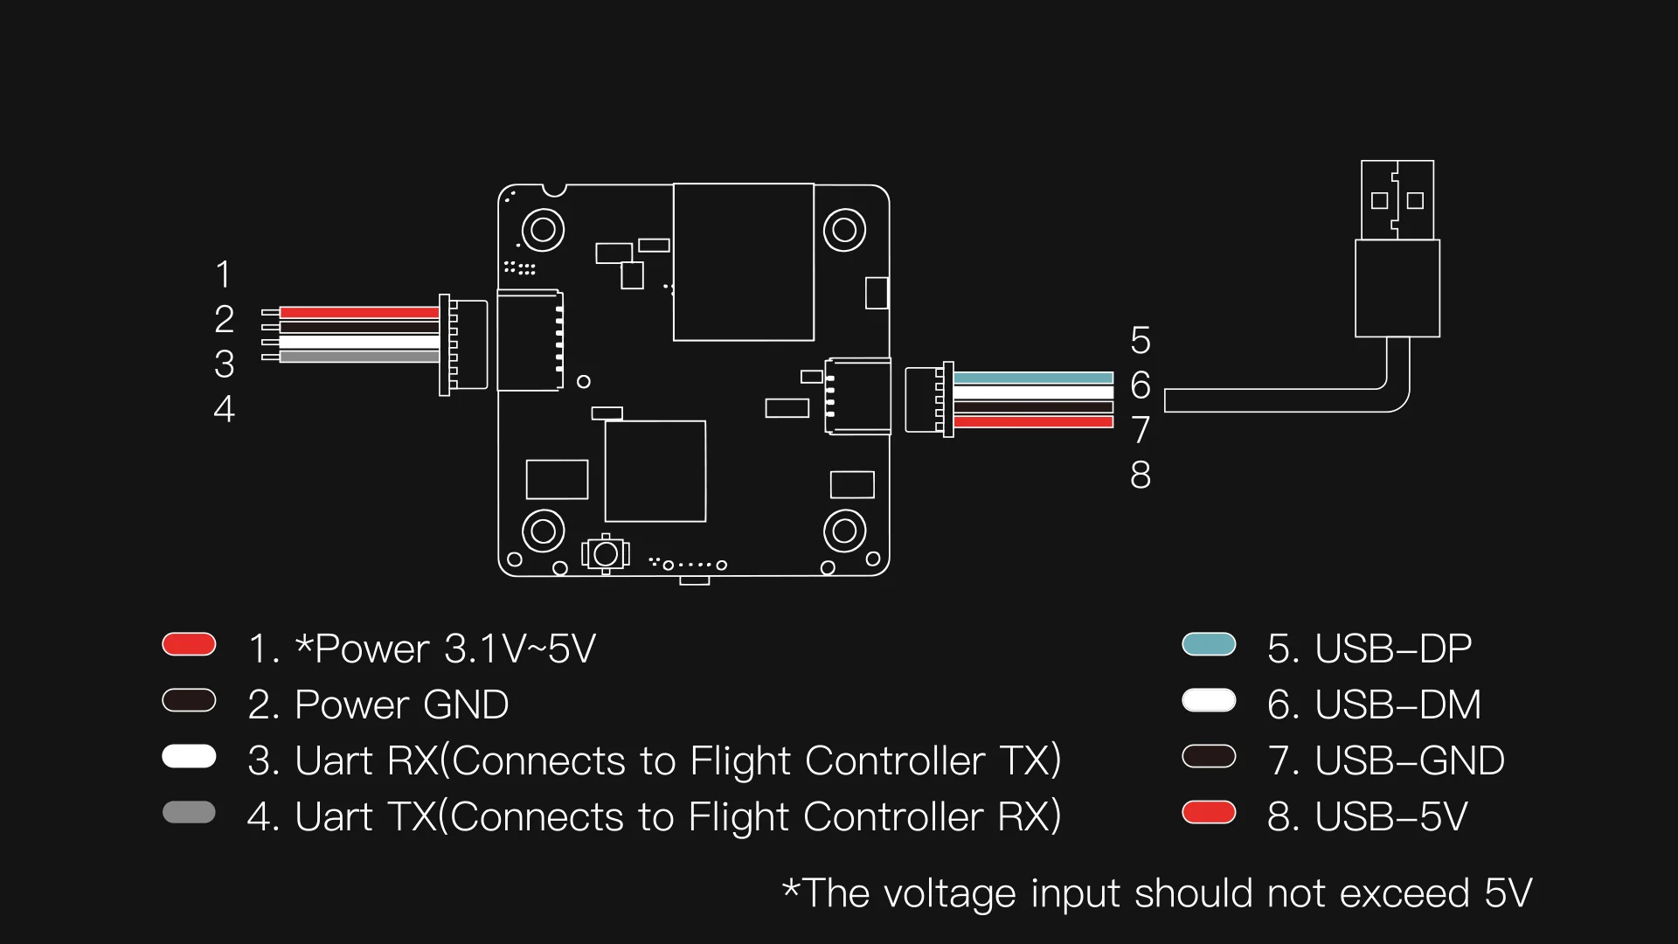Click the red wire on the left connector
point(358,312)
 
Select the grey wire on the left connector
point(358,357)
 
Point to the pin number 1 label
point(224,274)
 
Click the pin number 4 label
point(224,409)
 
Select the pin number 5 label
point(1141,340)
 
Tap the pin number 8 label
point(1141,475)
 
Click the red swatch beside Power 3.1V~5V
point(189,644)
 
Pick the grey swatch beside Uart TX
point(189,812)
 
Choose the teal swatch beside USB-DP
point(1209,644)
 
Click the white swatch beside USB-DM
point(1209,700)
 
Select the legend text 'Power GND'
point(401,705)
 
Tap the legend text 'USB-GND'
point(1409,760)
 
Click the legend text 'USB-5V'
point(1390,816)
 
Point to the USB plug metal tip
point(1397,199)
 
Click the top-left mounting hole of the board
point(543,230)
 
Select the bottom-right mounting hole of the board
point(844,530)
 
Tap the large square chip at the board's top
point(744,261)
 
